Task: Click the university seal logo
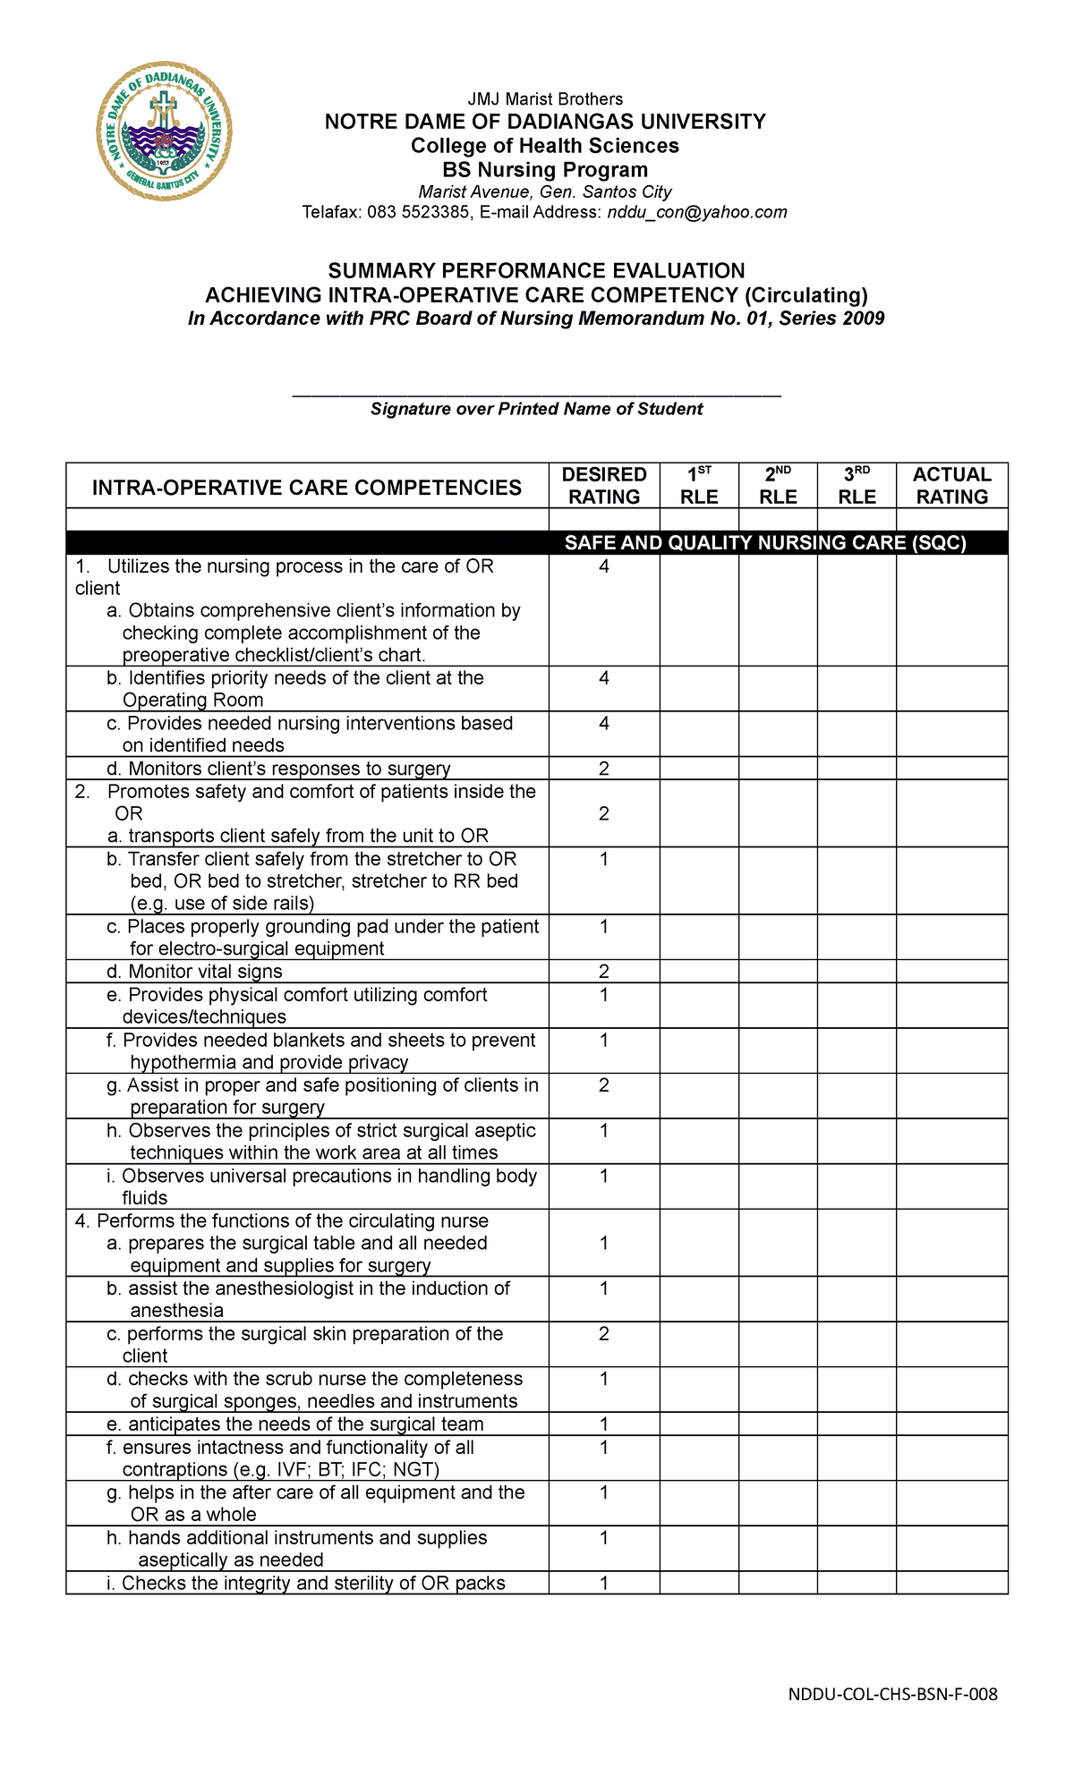tap(164, 132)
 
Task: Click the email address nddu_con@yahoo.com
tap(697, 212)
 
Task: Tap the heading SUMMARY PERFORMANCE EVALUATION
tap(536, 271)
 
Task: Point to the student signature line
tap(537, 394)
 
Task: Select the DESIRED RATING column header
tap(604, 486)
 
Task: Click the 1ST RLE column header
tap(699, 486)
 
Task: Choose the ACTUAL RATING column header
tap(951, 486)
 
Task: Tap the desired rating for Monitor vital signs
tap(604, 972)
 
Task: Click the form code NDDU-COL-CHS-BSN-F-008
tap(892, 1694)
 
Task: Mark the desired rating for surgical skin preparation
tap(604, 1334)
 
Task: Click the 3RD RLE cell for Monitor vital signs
tap(857, 972)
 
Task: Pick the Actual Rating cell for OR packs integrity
tap(951, 1583)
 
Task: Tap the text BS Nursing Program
tap(545, 170)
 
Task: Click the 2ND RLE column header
tap(778, 486)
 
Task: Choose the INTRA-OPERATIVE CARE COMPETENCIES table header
tap(307, 488)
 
